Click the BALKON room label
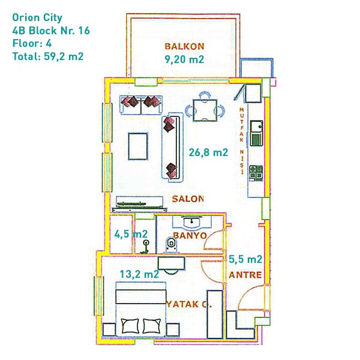point(184,46)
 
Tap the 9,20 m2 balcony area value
point(184,59)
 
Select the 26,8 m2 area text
point(208,152)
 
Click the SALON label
point(188,199)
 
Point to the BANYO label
point(190,236)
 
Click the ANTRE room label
point(245,275)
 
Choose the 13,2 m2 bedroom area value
point(139,274)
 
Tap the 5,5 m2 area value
point(245,259)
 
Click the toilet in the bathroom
point(171,244)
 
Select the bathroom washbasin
point(192,222)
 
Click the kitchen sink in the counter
point(256,127)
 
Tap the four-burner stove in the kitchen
point(256,172)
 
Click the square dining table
point(205,110)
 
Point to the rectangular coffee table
point(138,146)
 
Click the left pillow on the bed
point(130,326)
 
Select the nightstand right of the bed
point(173,330)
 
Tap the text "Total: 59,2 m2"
point(48,56)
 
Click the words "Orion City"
point(37,18)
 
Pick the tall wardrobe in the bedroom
point(215,314)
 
